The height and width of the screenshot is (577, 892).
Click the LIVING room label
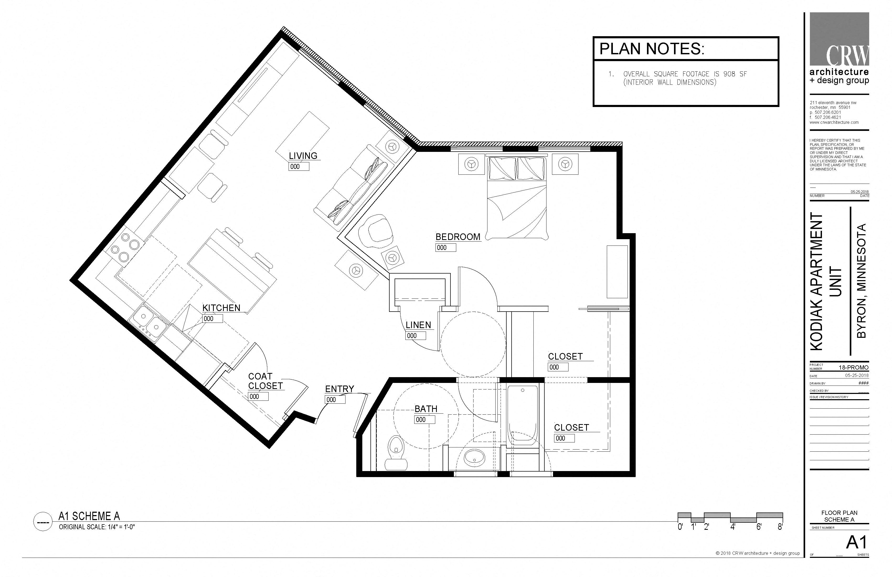pyautogui.click(x=303, y=156)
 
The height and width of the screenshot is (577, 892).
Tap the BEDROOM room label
pyautogui.click(x=458, y=237)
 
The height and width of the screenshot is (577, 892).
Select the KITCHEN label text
pyautogui.click(x=221, y=308)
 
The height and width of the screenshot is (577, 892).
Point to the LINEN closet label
pyautogui.click(x=418, y=325)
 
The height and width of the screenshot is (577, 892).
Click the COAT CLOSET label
pyautogui.click(x=265, y=381)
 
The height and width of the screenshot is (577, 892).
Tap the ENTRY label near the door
pyautogui.click(x=339, y=389)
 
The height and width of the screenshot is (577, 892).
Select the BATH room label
pyautogui.click(x=426, y=409)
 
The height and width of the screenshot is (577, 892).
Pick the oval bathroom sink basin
pyautogui.click(x=475, y=457)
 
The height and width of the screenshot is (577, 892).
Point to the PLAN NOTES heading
pyautogui.click(x=652, y=49)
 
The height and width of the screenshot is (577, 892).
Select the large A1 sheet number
pyautogui.click(x=856, y=542)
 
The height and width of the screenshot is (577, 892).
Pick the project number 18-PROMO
pyautogui.click(x=853, y=367)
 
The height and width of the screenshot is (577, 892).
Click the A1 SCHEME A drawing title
pyautogui.click(x=89, y=516)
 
